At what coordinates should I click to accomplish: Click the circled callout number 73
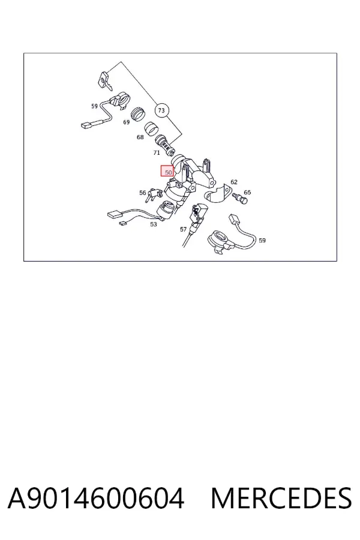coord(161,110)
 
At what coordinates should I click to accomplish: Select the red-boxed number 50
coord(168,171)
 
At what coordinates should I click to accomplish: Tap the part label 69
coord(127,122)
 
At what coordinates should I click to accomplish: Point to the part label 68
coord(140,137)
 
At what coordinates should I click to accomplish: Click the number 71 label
coord(157,152)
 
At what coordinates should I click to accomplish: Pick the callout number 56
coord(143,193)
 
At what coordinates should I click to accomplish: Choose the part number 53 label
coord(154,224)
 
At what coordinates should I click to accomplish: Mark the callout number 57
coord(183,229)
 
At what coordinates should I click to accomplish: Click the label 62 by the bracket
coord(234,182)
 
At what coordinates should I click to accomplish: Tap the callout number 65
coord(247,192)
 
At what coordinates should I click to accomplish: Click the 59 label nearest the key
coord(94,106)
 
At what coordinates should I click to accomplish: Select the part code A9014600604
coord(96,498)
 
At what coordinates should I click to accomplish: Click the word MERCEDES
coord(281,498)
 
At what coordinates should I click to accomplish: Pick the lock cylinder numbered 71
coord(164,144)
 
